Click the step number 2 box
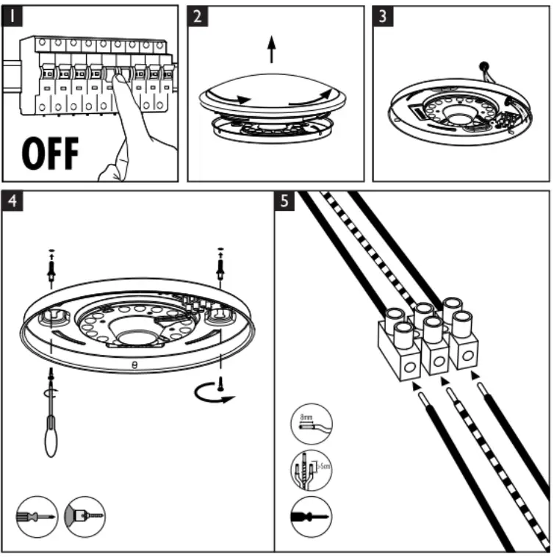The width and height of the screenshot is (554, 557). point(198,16)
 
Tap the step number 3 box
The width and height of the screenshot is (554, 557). point(383,16)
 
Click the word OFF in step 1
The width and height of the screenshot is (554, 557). point(51,153)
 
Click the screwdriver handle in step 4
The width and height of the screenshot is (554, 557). point(51,439)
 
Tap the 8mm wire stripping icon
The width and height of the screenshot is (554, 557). point(312,424)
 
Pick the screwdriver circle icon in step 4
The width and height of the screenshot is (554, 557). point(36,517)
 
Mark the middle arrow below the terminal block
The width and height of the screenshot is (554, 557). point(444,382)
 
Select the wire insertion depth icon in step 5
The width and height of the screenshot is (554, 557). point(312,470)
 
